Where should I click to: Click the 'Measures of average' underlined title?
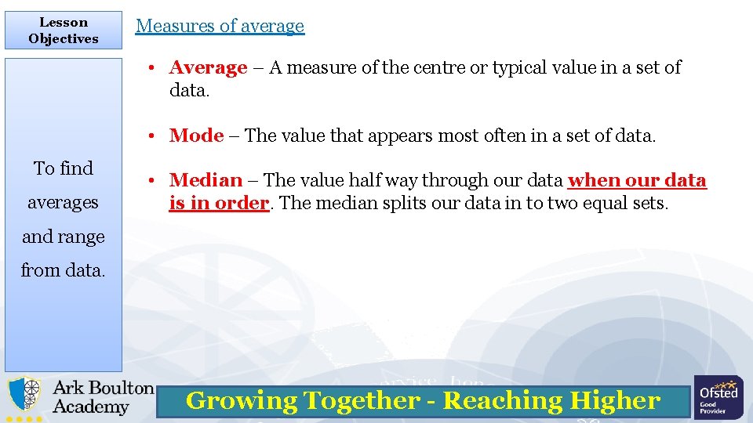(220, 26)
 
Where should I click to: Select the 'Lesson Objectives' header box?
(64, 31)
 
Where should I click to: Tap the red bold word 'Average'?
(208, 67)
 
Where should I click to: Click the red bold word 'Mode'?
(197, 136)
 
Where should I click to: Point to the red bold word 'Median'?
(206, 180)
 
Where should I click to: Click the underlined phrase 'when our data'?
(637, 180)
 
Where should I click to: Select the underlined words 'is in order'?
(219, 203)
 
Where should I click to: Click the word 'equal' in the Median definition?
(580, 203)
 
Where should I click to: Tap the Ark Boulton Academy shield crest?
(25, 396)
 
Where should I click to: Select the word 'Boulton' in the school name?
(121, 388)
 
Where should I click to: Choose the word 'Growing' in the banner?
(241, 400)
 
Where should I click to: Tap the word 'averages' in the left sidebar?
(63, 203)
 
